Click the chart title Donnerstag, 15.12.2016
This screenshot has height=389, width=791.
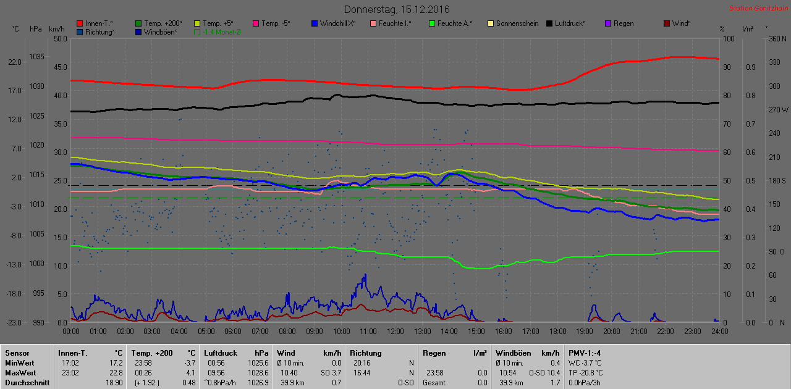pos(397,9)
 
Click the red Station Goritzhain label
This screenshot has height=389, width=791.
pos(758,8)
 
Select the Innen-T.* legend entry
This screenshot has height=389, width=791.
pos(98,23)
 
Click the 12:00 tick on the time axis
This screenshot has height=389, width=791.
pos(395,331)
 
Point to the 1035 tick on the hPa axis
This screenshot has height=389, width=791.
pos(37,57)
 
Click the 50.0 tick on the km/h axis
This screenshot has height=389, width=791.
pos(61,38)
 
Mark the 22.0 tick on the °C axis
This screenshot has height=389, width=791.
pos(15,62)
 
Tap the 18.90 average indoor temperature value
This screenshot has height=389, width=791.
pos(113,383)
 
